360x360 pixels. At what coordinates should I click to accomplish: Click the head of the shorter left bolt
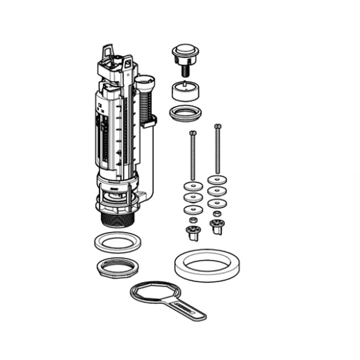click(193, 133)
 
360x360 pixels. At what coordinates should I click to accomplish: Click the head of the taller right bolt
click(218, 126)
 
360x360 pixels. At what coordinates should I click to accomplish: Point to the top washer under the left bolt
click(193, 187)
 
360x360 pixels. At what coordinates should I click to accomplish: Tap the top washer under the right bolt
click(218, 180)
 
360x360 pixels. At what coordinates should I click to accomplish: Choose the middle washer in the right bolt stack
click(218, 191)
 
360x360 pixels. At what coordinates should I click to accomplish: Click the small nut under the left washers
click(193, 220)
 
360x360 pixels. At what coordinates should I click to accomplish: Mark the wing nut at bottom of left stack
click(193, 233)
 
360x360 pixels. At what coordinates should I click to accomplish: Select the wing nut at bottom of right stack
click(217, 227)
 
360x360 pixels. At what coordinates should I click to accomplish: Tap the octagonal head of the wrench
click(150, 293)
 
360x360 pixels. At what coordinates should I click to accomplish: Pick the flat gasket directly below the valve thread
click(118, 242)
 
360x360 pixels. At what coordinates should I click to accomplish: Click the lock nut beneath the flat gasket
click(117, 266)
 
